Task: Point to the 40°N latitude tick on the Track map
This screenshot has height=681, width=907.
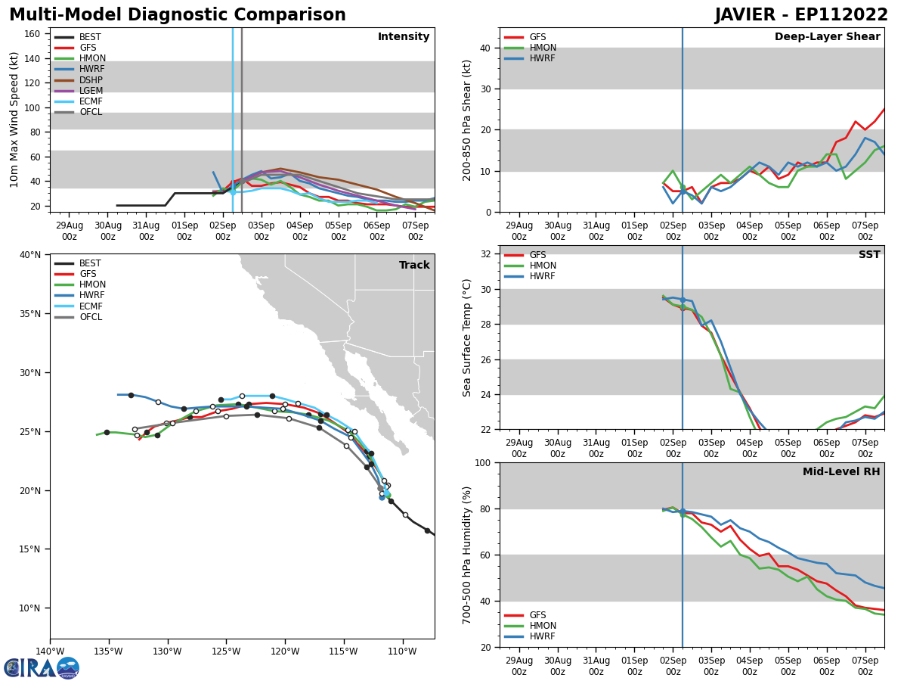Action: [x=30, y=254]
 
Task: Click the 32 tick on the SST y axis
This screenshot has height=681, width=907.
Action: [x=487, y=254]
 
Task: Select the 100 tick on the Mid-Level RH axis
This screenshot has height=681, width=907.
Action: [x=484, y=462]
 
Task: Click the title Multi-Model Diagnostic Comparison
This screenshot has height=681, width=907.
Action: [x=178, y=15]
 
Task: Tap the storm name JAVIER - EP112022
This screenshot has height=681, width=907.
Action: [x=801, y=15]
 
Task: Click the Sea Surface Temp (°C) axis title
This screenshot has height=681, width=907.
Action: [x=467, y=337]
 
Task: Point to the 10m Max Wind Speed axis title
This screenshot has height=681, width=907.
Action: [x=14, y=120]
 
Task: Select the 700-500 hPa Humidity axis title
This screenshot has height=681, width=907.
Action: [x=467, y=555]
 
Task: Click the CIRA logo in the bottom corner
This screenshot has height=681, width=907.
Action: [x=42, y=667]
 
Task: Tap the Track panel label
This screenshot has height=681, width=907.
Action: [x=414, y=266]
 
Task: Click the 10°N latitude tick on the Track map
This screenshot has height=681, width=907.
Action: [x=30, y=608]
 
